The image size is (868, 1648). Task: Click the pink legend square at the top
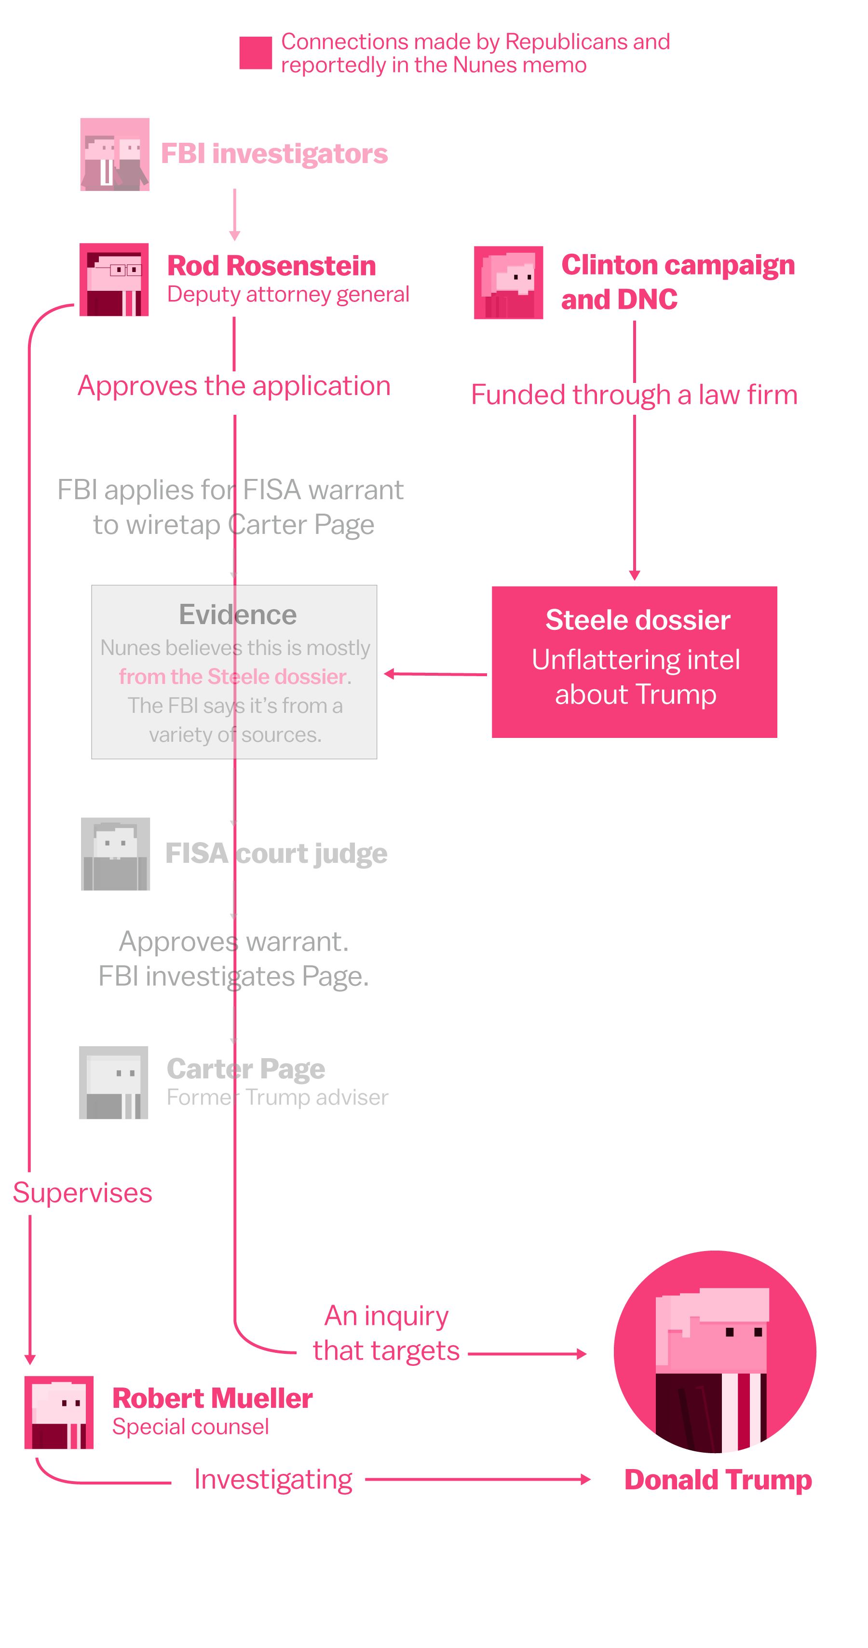pyautogui.click(x=255, y=53)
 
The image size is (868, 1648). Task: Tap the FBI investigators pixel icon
pyautogui.click(x=114, y=154)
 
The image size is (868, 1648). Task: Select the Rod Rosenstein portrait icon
pyautogui.click(x=114, y=280)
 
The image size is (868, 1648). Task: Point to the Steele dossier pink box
pyautogui.click(x=634, y=662)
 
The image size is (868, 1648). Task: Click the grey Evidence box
pyautogui.click(x=234, y=672)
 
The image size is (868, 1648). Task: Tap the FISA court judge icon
pyautogui.click(x=115, y=854)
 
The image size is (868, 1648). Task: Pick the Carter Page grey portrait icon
pyautogui.click(x=114, y=1082)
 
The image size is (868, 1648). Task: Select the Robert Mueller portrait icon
pyautogui.click(x=59, y=1412)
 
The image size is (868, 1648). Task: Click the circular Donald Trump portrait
pyautogui.click(x=715, y=1351)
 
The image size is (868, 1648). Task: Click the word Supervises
pyautogui.click(x=82, y=1193)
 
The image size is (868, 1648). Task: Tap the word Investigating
pyautogui.click(x=273, y=1480)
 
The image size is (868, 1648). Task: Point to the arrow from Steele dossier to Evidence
pyautogui.click(x=435, y=674)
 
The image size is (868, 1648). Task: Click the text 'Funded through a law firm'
pyautogui.click(x=634, y=395)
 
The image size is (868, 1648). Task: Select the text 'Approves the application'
pyautogui.click(x=234, y=386)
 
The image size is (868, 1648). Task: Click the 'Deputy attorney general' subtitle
pyautogui.click(x=288, y=294)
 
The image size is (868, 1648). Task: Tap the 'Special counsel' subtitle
pyautogui.click(x=190, y=1427)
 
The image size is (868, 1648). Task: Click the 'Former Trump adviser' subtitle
pyautogui.click(x=277, y=1097)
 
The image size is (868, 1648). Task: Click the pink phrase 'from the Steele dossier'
pyautogui.click(x=233, y=676)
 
